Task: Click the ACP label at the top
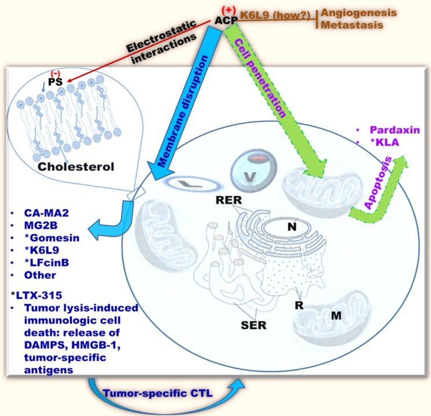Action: [x=226, y=20]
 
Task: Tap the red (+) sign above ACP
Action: [x=229, y=9]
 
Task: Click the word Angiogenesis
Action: [x=352, y=12]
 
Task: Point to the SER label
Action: [x=253, y=325]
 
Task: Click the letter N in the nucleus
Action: [x=292, y=227]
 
